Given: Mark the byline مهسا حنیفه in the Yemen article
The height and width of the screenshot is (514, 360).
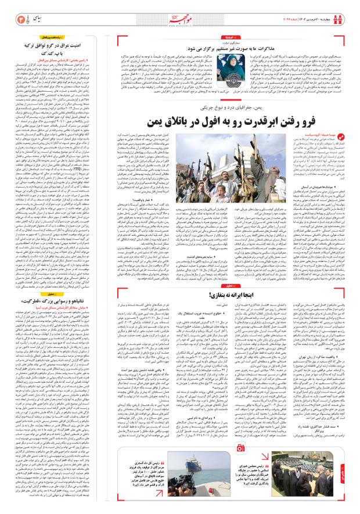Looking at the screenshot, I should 333,139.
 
